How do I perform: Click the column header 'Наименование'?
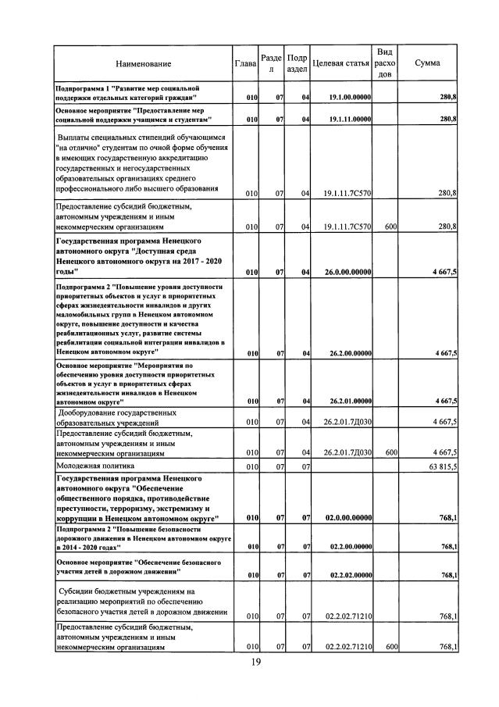tap(144, 63)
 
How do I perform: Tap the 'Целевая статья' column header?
tap(340, 63)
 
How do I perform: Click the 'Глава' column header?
tap(245, 63)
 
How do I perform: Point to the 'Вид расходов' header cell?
tap(384, 62)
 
